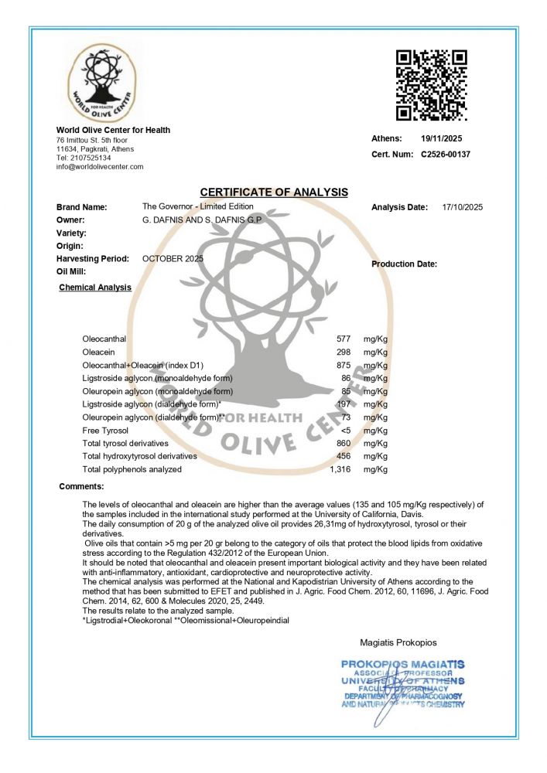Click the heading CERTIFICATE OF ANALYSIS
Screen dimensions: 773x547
(x=274, y=192)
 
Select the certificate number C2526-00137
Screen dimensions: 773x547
(x=446, y=155)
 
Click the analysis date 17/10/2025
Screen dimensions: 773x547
(x=462, y=207)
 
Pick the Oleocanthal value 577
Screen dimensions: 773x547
(x=344, y=339)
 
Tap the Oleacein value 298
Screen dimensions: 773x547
(x=344, y=352)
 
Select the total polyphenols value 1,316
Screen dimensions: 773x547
(x=341, y=469)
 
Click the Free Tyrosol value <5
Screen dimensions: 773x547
(x=346, y=431)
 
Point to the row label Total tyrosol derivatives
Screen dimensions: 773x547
(x=125, y=443)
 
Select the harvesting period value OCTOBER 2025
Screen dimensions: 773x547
(x=173, y=258)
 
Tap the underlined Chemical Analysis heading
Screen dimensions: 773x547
(x=95, y=288)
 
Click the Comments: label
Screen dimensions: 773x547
(x=81, y=486)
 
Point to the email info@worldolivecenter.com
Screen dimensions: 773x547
(x=100, y=167)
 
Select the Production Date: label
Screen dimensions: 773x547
(x=404, y=264)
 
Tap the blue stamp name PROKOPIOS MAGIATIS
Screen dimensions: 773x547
(x=402, y=664)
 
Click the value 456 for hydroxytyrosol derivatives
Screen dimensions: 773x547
(x=344, y=456)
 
